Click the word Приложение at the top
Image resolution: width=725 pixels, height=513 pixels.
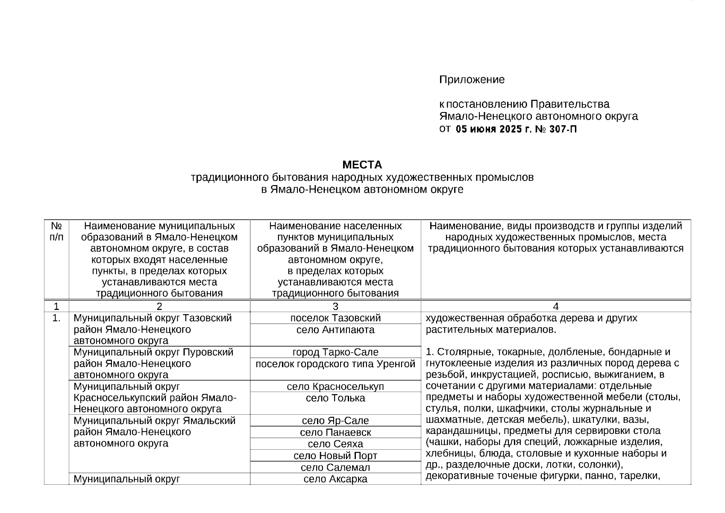(472, 80)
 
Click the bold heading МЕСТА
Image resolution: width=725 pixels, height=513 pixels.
(362, 165)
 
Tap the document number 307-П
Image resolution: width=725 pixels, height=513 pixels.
(563, 129)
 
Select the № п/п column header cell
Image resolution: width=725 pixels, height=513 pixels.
(56, 231)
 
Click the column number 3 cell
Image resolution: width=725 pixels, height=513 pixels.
(335, 306)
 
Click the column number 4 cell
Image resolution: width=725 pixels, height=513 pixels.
(555, 306)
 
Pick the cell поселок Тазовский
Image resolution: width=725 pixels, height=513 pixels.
(335, 318)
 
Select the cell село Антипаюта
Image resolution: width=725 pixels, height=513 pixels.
(335, 330)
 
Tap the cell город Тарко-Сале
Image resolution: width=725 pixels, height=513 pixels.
(335, 352)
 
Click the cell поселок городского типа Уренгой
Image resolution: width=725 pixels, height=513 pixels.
(335, 364)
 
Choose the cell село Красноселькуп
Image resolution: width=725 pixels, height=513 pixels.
(335, 386)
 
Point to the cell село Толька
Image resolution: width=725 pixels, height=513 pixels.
(335, 398)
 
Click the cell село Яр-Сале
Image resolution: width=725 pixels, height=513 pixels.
(335, 421)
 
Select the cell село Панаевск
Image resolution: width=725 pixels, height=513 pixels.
(335, 432)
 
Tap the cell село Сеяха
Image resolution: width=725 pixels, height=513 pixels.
(335, 444)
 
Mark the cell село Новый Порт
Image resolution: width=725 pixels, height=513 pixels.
(335, 456)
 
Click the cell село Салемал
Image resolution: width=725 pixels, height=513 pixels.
(335, 467)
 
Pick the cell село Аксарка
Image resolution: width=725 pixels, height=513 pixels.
(335, 479)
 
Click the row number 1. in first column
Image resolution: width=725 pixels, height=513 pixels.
(56, 318)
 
